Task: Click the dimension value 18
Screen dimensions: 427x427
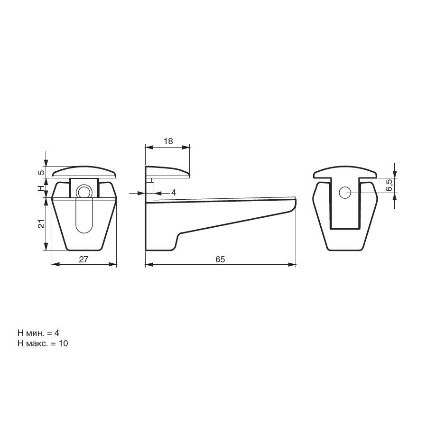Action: (x=168, y=141)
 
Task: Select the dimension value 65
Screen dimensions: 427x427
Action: (x=220, y=259)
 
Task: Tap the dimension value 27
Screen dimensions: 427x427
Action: (x=84, y=259)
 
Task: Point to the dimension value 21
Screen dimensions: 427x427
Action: (x=41, y=223)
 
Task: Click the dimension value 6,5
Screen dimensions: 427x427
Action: (x=390, y=185)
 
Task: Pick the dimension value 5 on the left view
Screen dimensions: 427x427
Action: (x=41, y=172)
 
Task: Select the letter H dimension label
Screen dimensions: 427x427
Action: (x=41, y=188)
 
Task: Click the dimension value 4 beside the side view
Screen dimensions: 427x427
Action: (x=174, y=193)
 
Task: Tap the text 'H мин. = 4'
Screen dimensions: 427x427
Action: (x=38, y=333)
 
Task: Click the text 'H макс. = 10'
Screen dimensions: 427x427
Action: (x=43, y=343)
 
